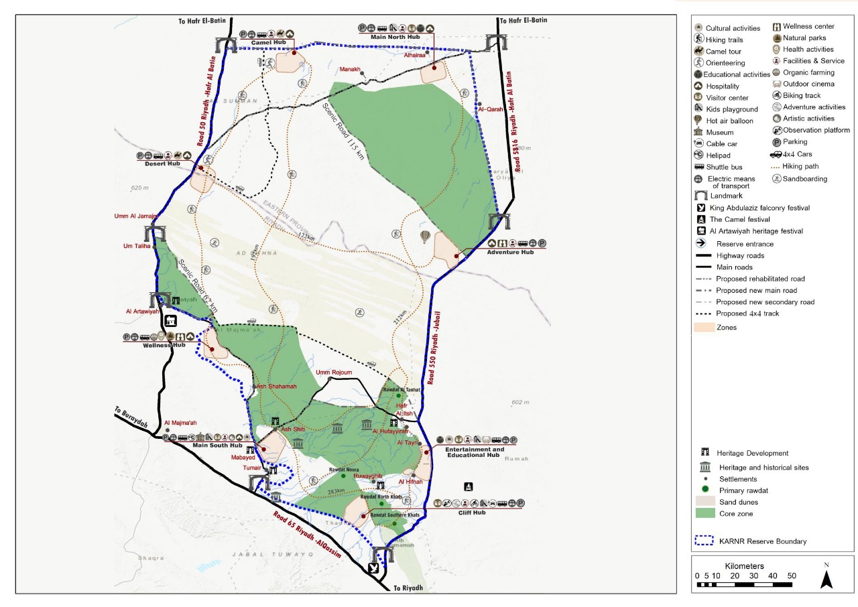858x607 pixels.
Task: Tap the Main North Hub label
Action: coord(395,37)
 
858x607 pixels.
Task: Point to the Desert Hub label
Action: coord(163,164)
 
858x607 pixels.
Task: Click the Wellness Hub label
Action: coord(164,345)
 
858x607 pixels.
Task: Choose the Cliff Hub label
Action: coord(472,513)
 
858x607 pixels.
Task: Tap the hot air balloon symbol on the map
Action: coord(425,237)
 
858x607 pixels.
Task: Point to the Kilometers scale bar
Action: coord(744,584)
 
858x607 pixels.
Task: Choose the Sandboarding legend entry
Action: coord(804,179)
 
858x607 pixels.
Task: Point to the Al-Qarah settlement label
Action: coord(490,109)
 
